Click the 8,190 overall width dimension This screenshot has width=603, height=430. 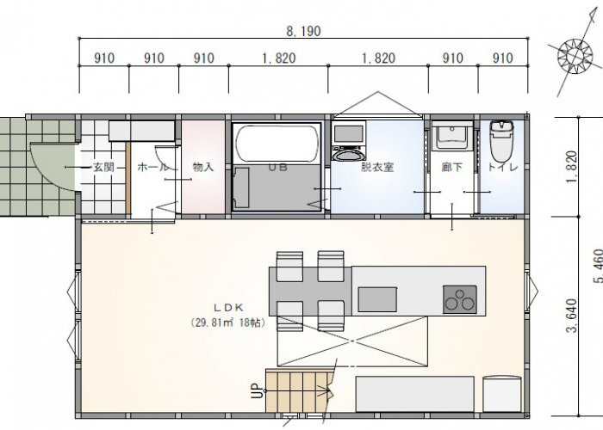303,31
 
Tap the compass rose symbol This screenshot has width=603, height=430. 575,57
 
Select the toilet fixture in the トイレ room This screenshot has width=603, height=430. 502,141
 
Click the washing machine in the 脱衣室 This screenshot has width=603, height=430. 349,140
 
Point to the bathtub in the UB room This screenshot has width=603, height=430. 277,144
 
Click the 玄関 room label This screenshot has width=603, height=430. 103,168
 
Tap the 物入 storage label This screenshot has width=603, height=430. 202,168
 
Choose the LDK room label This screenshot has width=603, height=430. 228,308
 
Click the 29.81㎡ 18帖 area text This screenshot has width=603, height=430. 228,322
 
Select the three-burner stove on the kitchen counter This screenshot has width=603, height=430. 459,299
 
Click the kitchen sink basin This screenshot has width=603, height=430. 377,299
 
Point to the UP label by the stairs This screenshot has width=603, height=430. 258,391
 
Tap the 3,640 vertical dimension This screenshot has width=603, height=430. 572,316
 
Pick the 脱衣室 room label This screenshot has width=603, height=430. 377,168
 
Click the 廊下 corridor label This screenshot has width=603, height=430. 452,168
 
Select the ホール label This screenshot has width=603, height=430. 152,168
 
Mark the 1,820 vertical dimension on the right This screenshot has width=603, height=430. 572,167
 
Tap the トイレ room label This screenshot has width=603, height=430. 503,168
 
